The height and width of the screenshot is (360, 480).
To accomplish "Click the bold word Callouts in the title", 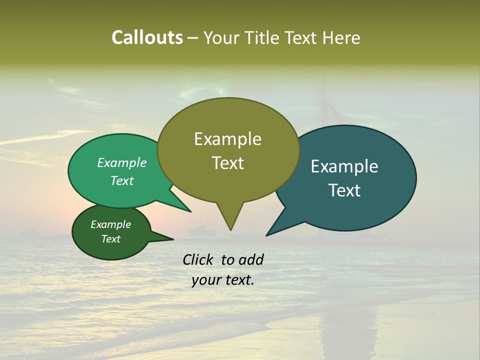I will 147,37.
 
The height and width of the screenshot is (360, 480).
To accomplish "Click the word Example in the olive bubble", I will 227,139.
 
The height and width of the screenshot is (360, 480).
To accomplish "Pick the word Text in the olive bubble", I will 227,163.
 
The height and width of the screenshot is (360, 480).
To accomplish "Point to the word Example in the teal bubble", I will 344,166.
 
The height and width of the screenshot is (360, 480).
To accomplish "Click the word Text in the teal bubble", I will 344,190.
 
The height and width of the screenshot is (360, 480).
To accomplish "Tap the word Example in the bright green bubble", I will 122,162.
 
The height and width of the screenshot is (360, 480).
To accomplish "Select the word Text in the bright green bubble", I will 122,180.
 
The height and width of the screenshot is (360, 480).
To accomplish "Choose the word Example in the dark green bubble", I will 111,224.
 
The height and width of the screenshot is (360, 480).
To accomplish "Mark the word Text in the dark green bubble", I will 111,239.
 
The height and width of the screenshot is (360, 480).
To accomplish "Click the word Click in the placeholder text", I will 198,259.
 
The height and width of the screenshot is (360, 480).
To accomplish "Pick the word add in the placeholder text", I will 251,259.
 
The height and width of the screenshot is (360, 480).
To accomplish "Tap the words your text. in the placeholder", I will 223,280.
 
